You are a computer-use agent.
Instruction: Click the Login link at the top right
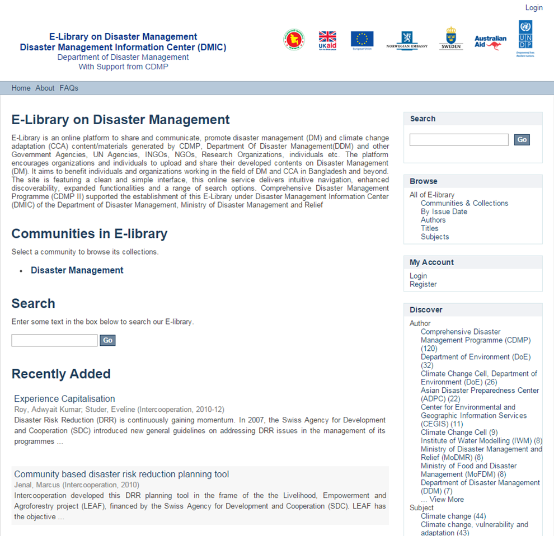click(x=534, y=8)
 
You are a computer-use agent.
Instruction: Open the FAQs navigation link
click(x=69, y=88)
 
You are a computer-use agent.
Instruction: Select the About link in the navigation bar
click(x=45, y=88)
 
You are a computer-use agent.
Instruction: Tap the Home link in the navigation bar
click(x=21, y=88)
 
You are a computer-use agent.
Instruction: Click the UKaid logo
click(x=327, y=40)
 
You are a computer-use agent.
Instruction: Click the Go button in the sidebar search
click(x=522, y=140)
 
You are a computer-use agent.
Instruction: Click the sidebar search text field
click(x=459, y=140)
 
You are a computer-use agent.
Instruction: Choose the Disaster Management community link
click(x=77, y=270)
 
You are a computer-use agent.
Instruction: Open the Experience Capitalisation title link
click(x=64, y=399)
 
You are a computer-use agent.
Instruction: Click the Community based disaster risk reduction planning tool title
click(x=121, y=474)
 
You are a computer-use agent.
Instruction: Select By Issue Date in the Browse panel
click(x=444, y=211)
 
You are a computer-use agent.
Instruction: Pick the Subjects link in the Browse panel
click(x=435, y=237)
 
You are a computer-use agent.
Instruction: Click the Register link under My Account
click(x=423, y=284)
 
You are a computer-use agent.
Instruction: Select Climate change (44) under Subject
click(x=453, y=516)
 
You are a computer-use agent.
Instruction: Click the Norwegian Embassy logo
click(x=407, y=40)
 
